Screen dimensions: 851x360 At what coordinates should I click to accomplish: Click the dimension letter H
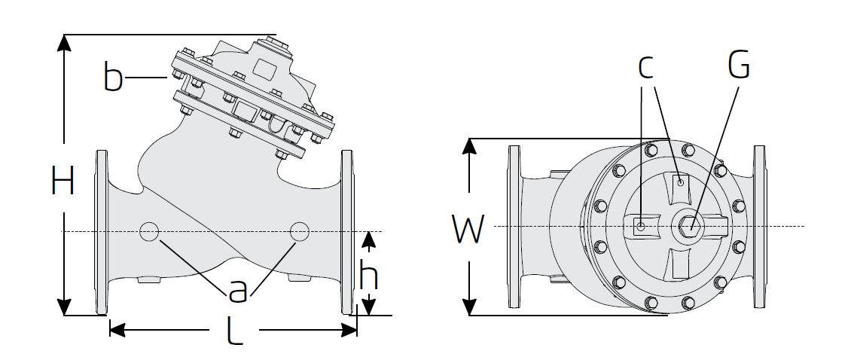(x=63, y=180)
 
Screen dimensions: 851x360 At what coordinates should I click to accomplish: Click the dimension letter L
(x=234, y=330)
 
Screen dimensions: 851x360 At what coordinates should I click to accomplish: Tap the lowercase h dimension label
(x=369, y=275)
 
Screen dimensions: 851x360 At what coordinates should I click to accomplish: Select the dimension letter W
(x=467, y=229)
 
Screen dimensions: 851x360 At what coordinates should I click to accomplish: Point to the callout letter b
(x=113, y=77)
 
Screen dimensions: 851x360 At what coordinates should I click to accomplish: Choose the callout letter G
(x=739, y=65)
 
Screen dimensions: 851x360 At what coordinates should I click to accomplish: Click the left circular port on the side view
(x=149, y=231)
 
